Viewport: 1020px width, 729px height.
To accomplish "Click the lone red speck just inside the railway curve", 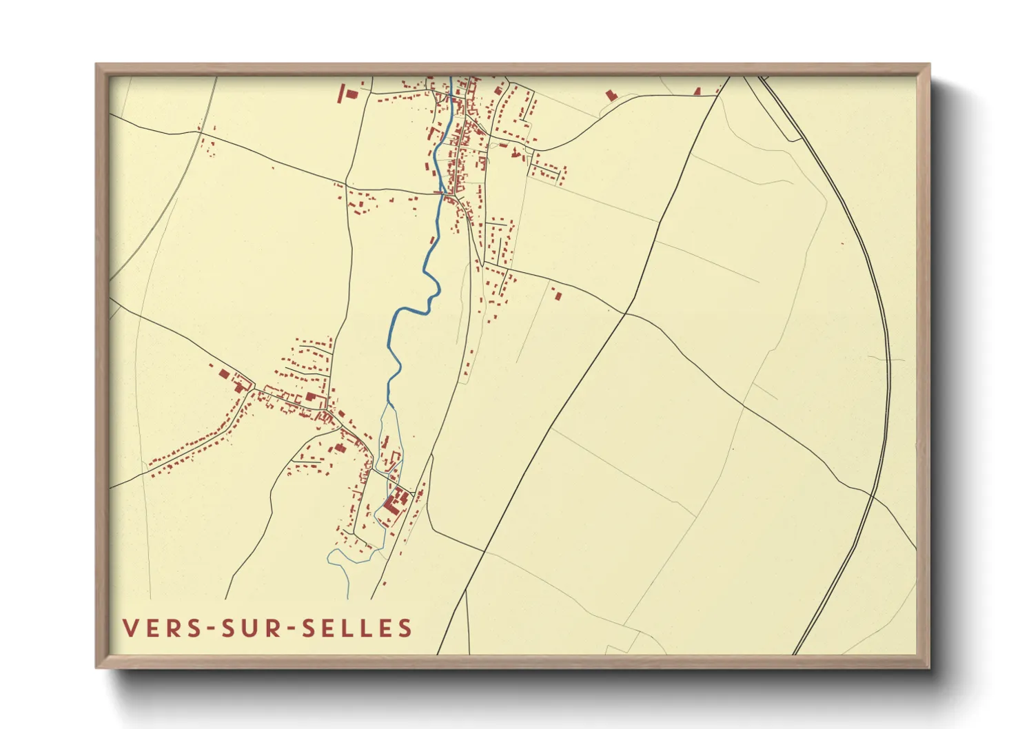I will coord(842,243).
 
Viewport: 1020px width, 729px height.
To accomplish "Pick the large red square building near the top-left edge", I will coord(350,93).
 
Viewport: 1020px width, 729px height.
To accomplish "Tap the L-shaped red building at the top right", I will coord(609,95).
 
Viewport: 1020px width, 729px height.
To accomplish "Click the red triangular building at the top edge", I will coord(697,91).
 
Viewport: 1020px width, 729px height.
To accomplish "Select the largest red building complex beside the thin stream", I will coord(394,501).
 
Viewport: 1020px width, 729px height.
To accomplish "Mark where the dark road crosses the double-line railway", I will coord(872,495).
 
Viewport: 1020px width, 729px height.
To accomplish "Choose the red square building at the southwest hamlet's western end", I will coord(223,374).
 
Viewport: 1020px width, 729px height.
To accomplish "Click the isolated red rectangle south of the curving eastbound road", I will coord(558,296).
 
